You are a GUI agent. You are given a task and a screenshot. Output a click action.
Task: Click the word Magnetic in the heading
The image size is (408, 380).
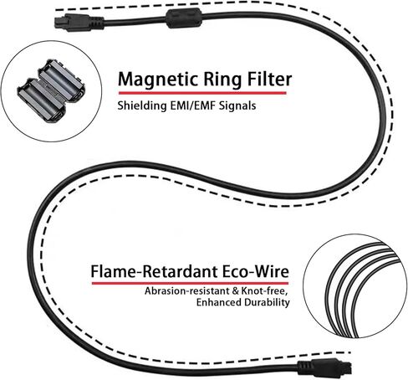pos(158,80)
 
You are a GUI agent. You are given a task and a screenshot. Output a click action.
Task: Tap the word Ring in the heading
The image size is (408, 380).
pos(222,80)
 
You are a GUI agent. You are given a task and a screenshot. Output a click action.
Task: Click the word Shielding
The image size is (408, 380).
pos(141,106)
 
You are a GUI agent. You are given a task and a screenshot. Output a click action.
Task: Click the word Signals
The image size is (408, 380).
pos(237,106)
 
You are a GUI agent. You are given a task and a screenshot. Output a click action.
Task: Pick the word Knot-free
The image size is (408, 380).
pos(264,291)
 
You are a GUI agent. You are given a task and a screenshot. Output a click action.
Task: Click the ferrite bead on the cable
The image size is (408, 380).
pos(184,18)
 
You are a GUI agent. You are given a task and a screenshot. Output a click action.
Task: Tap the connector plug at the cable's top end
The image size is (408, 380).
pos(79,23)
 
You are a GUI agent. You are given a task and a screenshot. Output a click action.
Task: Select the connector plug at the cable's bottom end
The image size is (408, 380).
pos(324,367)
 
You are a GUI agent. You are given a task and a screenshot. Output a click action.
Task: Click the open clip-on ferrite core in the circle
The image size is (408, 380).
pos(50,90)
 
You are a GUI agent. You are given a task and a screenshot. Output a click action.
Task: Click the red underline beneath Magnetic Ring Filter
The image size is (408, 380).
pos(202,93)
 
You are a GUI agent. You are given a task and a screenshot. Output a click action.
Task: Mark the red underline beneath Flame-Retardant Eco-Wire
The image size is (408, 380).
pos(191,283)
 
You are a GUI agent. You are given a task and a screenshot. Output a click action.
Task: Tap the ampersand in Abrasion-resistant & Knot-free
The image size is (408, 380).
pos(236,291)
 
